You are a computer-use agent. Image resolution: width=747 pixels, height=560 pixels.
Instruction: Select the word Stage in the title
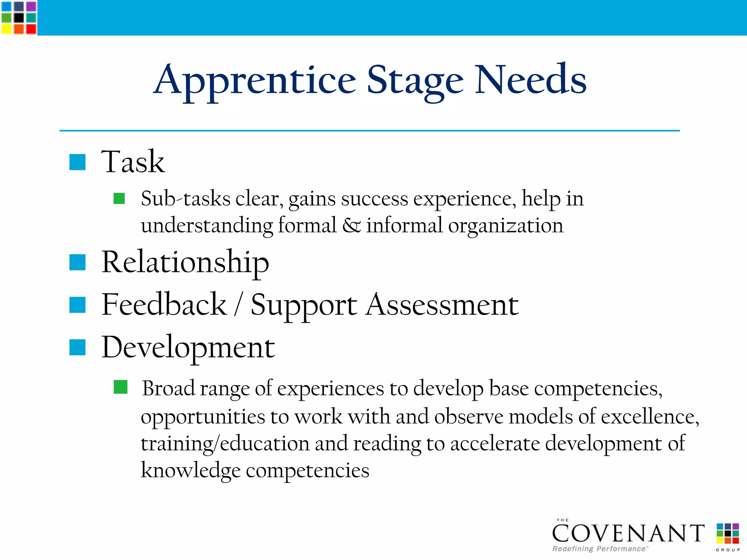click(415, 81)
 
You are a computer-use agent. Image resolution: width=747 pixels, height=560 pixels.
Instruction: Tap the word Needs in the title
click(531, 79)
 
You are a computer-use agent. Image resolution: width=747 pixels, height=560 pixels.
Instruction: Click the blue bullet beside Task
click(77, 162)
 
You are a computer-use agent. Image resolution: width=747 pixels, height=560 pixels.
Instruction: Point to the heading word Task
click(133, 161)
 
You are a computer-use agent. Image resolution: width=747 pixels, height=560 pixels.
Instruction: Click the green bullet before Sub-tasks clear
click(119, 199)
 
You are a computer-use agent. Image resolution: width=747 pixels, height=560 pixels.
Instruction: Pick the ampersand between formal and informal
click(351, 225)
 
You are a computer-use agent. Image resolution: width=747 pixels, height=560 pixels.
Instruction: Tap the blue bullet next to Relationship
click(77, 262)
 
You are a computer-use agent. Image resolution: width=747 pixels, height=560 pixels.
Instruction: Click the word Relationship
click(185, 262)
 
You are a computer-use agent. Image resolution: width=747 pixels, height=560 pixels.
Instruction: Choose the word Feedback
click(164, 305)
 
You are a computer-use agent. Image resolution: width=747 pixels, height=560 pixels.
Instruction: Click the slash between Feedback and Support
click(238, 305)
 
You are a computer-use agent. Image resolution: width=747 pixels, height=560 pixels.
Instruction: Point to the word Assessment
click(442, 305)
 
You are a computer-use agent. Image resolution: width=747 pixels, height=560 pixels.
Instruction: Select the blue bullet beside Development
click(77, 347)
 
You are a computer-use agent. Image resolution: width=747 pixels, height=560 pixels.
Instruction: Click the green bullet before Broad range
click(120, 387)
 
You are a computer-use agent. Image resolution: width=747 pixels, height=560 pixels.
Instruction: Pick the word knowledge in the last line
click(190, 470)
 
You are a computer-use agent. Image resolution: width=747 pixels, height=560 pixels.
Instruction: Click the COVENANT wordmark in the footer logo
click(628, 533)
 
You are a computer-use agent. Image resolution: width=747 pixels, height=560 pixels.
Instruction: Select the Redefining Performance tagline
click(599, 549)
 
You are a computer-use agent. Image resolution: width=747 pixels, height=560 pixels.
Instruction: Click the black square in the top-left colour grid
click(19, 17)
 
